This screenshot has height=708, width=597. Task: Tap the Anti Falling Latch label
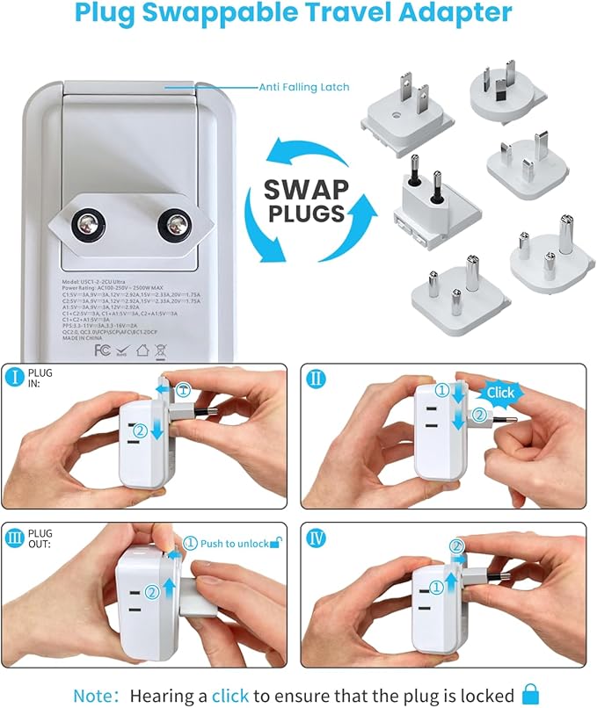(x=303, y=87)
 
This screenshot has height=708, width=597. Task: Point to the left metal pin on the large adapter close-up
(x=89, y=228)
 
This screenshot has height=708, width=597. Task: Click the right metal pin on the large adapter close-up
(x=174, y=228)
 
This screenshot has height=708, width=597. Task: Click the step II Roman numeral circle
(x=315, y=378)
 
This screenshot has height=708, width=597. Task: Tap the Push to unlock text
(x=233, y=544)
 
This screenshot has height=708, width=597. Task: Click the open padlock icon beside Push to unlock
(x=275, y=543)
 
